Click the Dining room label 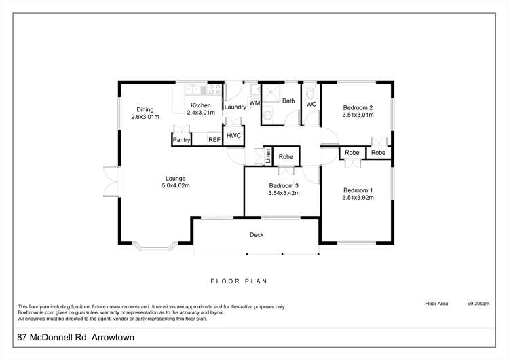[x=145, y=109]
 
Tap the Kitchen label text [x=201, y=105]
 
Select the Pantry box [x=181, y=140]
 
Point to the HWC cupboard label [x=233, y=135]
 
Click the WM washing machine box [x=254, y=103]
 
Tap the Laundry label [x=235, y=107]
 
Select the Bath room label [x=288, y=101]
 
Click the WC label [x=312, y=105]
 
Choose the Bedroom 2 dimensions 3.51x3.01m [x=358, y=115]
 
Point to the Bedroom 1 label [x=358, y=190]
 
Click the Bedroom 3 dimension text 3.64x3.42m [x=284, y=194]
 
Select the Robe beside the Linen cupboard [x=286, y=156]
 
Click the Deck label [x=256, y=235]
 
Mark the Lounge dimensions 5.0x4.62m [x=175, y=185]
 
